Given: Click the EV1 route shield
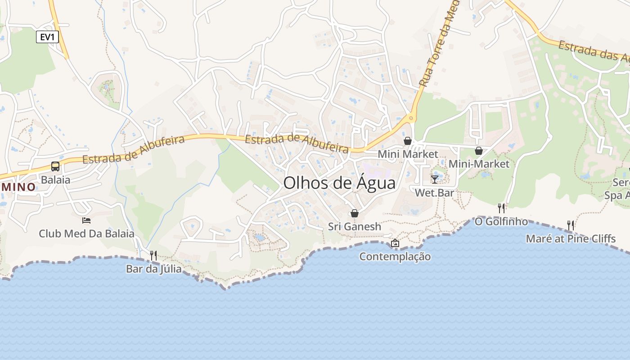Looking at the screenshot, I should [47, 37].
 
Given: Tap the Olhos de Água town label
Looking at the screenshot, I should [340, 183].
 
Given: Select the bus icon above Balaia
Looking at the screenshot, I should [55, 166].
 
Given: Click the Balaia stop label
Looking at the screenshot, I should [55, 180].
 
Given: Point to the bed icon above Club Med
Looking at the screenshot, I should [86, 220].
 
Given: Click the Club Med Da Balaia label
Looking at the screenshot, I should [86, 234].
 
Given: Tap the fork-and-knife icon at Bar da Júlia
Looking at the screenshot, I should [153, 256].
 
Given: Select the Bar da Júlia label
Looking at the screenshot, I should [154, 269].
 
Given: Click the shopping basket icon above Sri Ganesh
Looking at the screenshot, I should [355, 213].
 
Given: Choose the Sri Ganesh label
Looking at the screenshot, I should [355, 226].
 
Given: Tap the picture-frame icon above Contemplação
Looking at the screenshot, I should [395, 243].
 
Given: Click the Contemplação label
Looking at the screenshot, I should [395, 256].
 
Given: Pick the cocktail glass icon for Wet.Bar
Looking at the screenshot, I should [434, 180].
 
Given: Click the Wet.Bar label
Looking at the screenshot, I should [434, 193].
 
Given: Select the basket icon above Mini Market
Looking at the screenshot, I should [408, 141].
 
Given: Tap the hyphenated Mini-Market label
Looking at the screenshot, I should [479, 164].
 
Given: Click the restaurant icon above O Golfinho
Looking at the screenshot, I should [501, 208].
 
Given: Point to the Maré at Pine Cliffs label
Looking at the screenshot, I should [571, 238].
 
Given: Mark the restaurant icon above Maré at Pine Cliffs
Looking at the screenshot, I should [571, 225].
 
